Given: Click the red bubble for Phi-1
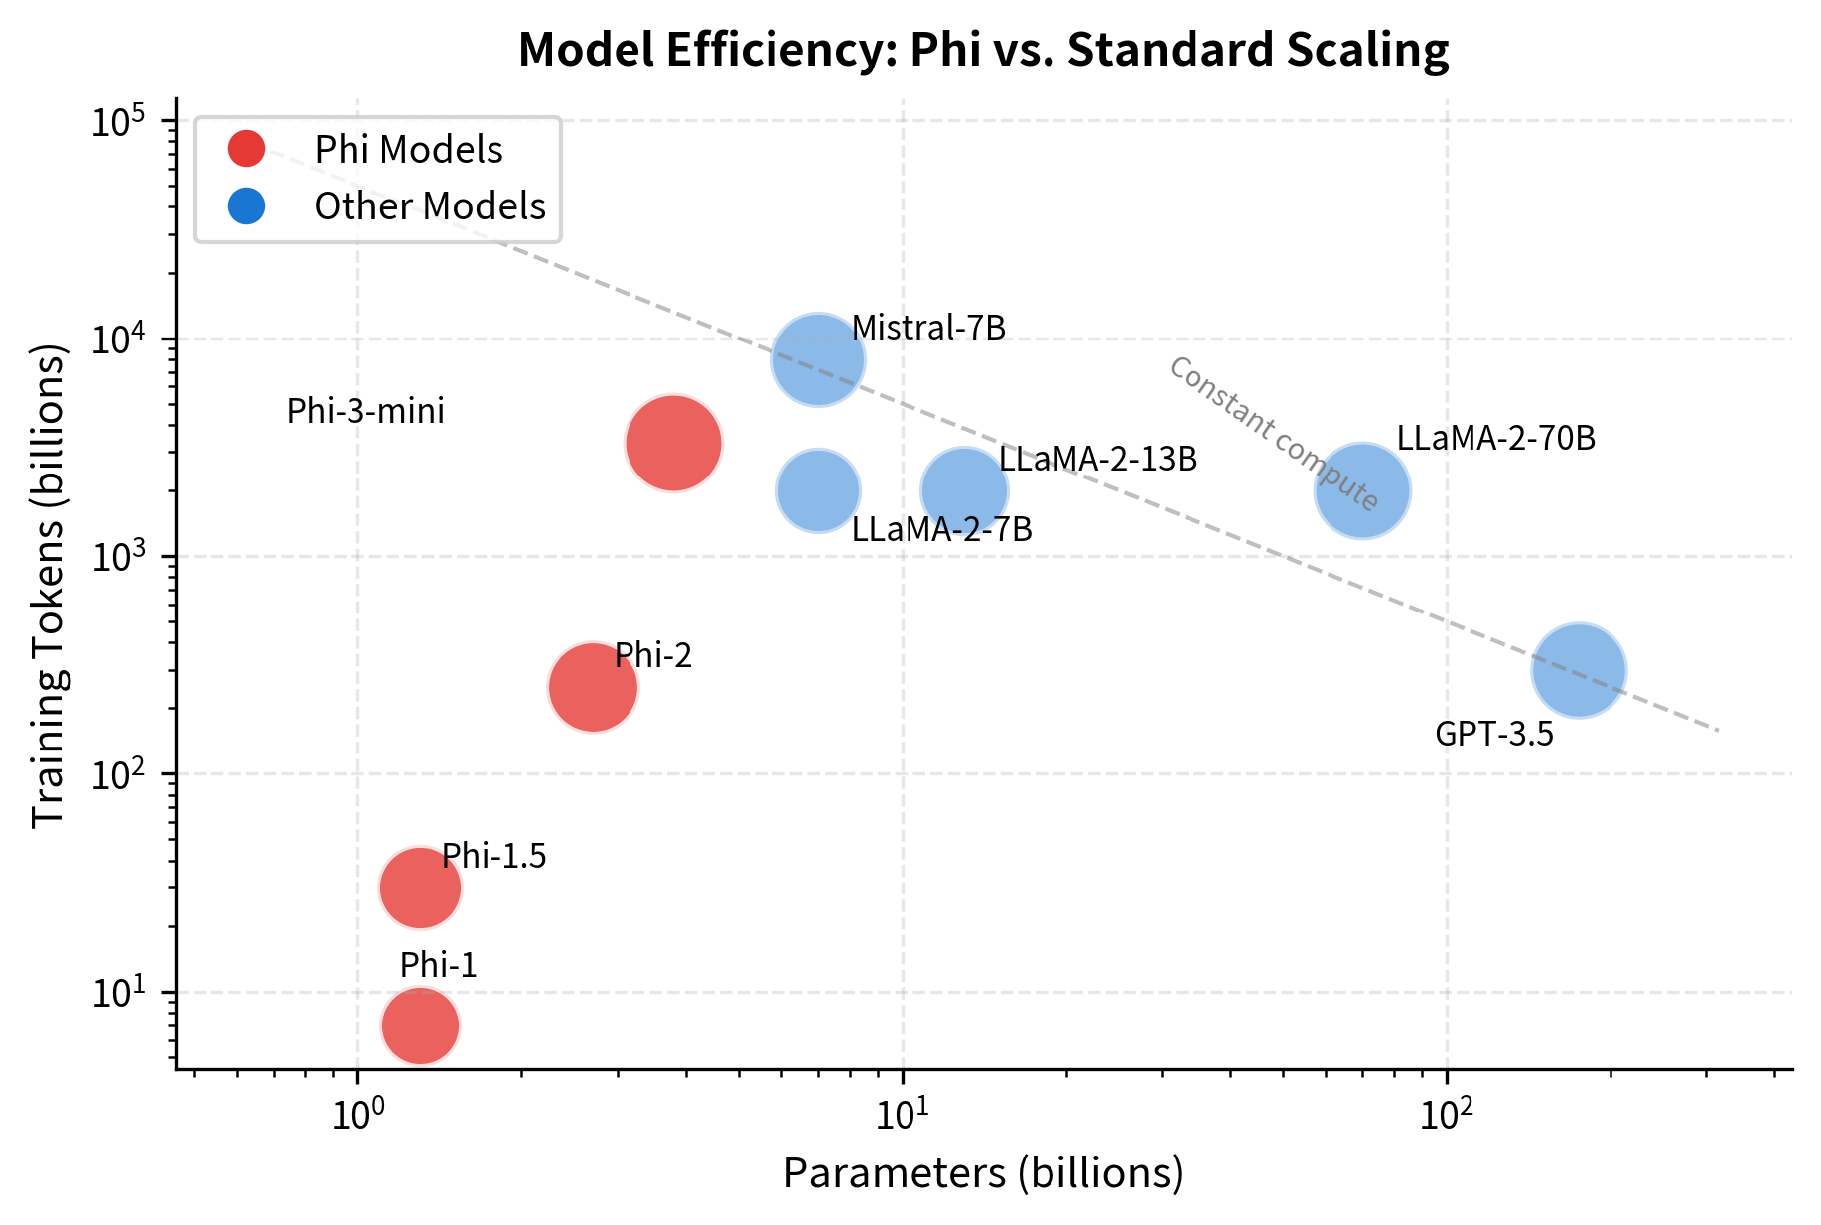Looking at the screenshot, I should click(420, 1025).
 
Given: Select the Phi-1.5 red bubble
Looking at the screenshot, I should click(420, 887).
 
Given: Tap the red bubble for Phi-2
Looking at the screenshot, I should click(593, 687).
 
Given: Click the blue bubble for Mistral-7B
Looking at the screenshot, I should click(818, 359).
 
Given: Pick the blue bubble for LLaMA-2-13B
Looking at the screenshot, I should click(964, 490).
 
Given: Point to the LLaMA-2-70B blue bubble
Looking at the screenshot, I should click(1362, 490).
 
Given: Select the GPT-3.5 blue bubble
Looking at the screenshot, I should click(1578, 670).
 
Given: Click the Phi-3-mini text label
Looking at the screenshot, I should click(365, 412).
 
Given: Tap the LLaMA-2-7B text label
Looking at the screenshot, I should click(941, 530).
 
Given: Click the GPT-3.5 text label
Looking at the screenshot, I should click(1493, 735).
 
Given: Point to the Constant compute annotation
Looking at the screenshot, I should click(1273, 434).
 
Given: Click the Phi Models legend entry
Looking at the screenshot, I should click(408, 150).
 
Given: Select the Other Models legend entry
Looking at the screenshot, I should click(429, 206).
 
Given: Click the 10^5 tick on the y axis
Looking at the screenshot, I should click(118, 121).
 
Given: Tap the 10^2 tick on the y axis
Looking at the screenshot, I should click(118, 774).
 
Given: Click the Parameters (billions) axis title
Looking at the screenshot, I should click(983, 1173).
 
